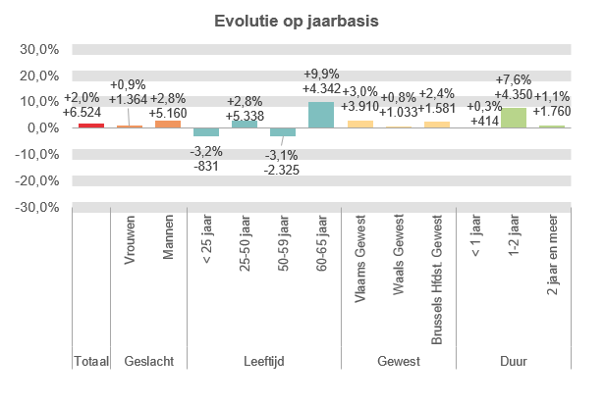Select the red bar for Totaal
[x=91, y=125]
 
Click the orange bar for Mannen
[x=168, y=124]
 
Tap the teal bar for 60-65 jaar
[x=321, y=115]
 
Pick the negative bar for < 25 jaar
[x=206, y=131]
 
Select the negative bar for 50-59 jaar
[x=283, y=131]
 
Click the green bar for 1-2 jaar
[x=513, y=118]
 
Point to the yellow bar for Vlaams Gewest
[x=359, y=124]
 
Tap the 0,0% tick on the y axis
[x=44, y=128]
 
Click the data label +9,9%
[x=322, y=75]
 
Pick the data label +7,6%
[x=514, y=80]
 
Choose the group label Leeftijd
[x=263, y=362]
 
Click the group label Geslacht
[x=149, y=362]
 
